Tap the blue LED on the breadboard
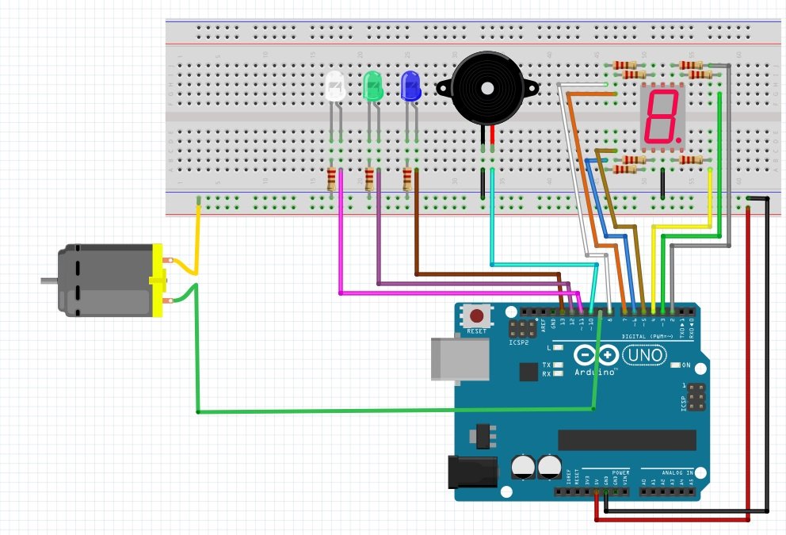(x=410, y=86)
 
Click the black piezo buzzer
(x=486, y=89)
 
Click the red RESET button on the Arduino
(x=477, y=315)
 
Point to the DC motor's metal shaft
(x=48, y=279)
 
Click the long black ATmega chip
(x=627, y=440)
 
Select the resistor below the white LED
(x=331, y=179)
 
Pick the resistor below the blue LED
(x=407, y=179)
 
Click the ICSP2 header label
(x=519, y=342)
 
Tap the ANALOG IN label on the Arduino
(x=671, y=472)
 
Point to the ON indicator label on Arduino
(x=686, y=365)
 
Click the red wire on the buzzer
(x=493, y=138)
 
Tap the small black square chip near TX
(x=528, y=371)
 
